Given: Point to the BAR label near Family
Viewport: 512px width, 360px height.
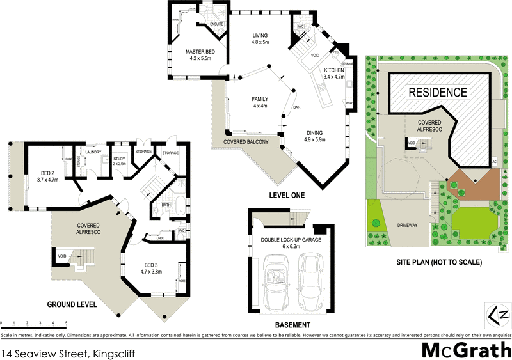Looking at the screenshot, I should [x=297, y=107].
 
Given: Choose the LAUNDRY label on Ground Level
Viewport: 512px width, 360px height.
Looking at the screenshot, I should [x=93, y=152].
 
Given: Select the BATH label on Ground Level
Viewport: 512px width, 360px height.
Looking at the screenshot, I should [x=165, y=205].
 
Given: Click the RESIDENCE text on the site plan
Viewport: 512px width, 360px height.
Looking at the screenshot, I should [x=438, y=92].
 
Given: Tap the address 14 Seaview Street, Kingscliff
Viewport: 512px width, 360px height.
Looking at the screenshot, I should [x=68, y=352].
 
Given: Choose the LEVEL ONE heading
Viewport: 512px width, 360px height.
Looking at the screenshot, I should [x=286, y=195].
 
